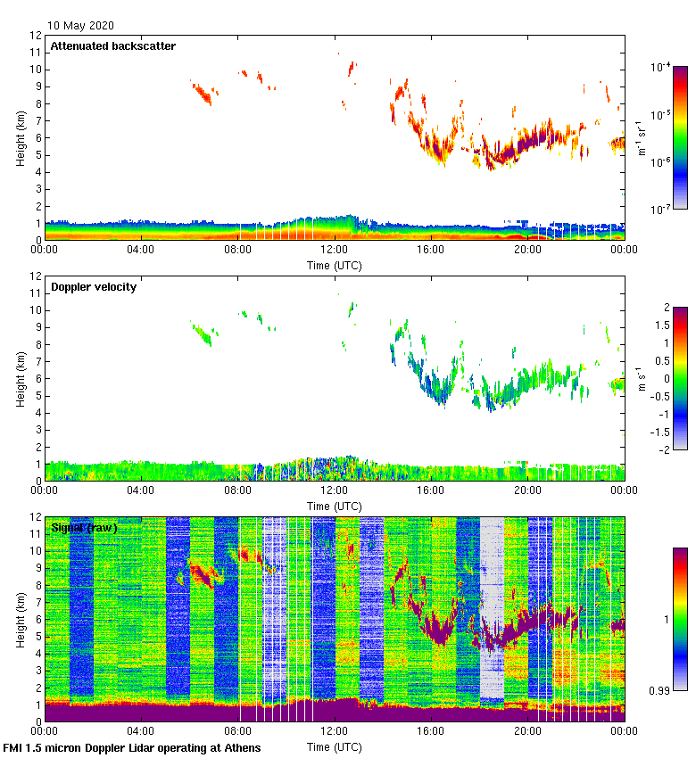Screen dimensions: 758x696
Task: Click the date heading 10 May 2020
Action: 80,26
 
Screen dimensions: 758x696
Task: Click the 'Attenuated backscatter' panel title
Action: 112,45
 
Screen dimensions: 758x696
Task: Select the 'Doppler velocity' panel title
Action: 94,286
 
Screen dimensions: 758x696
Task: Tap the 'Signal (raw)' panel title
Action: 85,527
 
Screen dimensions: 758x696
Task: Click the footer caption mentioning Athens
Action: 132,747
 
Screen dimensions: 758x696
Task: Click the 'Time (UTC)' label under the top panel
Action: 335,265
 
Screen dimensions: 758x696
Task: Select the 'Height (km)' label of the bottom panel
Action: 20,619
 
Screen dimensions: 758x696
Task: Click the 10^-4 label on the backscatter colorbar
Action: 661,68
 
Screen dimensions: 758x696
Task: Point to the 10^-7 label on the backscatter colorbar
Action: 661,210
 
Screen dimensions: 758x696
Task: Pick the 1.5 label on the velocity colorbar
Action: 660,325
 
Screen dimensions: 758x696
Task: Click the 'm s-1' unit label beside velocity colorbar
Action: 642,379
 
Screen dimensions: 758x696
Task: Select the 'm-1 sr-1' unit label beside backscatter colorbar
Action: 642,137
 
